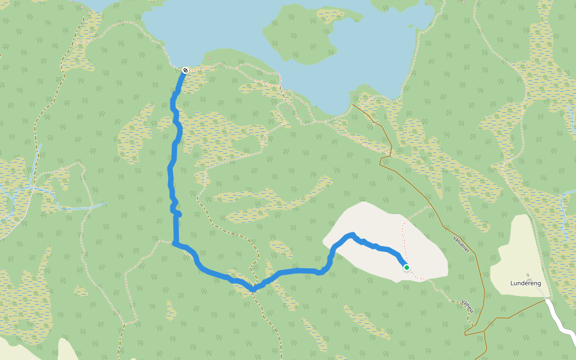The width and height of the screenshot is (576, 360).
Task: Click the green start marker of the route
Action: point(407,268)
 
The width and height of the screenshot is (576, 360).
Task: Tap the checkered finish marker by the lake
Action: point(185,70)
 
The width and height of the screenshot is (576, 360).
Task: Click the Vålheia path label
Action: point(467,305)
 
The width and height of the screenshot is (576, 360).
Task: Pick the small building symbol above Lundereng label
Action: point(529,277)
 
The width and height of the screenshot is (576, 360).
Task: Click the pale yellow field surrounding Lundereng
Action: point(516,252)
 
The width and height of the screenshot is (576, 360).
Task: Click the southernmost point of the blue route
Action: point(253,290)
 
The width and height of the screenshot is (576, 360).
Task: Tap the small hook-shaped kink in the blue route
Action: point(176,212)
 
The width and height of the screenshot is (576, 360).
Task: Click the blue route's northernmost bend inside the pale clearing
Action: point(352,235)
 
